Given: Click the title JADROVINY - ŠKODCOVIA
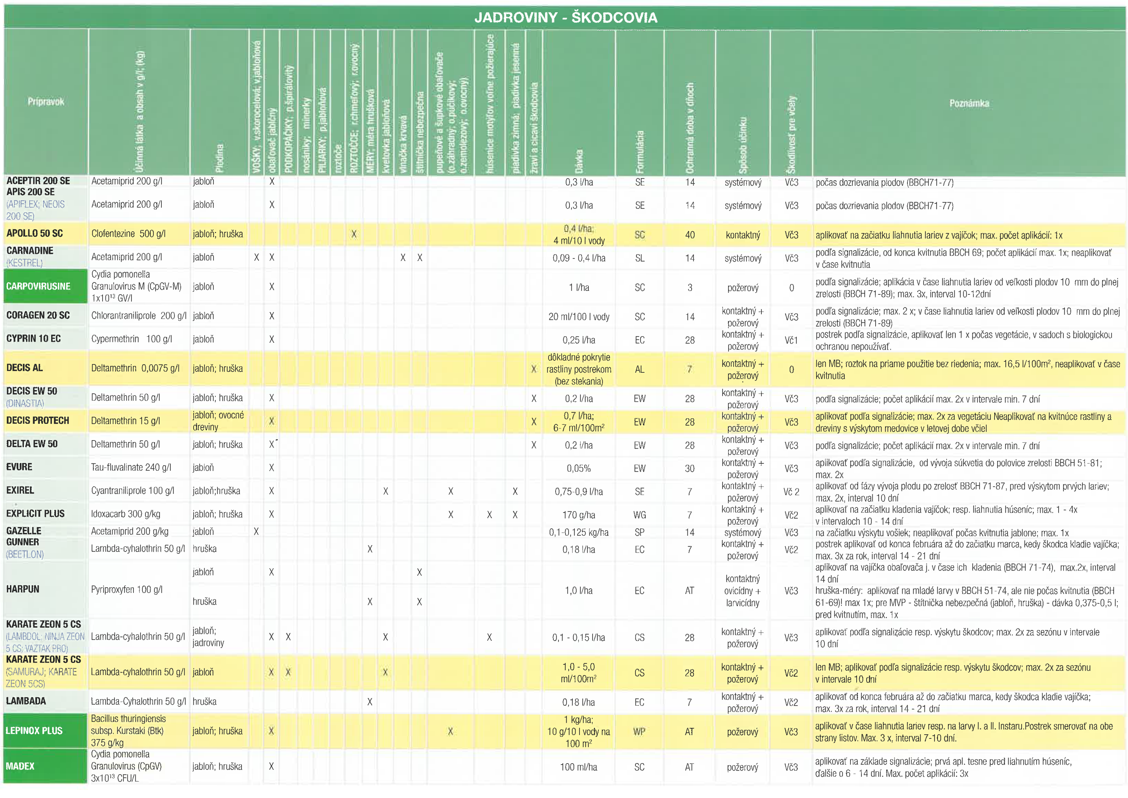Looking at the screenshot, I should click(x=566, y=18).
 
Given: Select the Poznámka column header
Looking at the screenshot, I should click(x=969, y=103).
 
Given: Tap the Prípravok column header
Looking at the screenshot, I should click(x=46, y=102).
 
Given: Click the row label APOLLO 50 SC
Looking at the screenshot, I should click(x=35, y=234).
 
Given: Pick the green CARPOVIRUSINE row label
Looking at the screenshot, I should click(x=38, y=286).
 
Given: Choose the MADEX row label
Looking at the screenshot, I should click(x=20, y=766).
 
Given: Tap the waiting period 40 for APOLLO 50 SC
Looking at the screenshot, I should click(x=690, y=235).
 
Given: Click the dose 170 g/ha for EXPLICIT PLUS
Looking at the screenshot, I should click(x=579, y=515).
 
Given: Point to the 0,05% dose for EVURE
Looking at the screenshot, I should click(x=579, y=468).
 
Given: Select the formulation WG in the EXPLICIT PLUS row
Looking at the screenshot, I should click(x=640, y=515).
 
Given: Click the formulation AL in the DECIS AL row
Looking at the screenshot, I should click(x=640, y=369).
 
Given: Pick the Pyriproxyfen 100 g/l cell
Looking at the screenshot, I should click(x=127, y=589).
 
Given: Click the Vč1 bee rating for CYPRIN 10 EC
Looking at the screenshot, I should click(x=791, y=340).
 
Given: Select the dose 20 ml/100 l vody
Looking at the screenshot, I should click(x=579, y=317).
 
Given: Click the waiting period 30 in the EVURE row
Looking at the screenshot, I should click(x=690, y=468).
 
